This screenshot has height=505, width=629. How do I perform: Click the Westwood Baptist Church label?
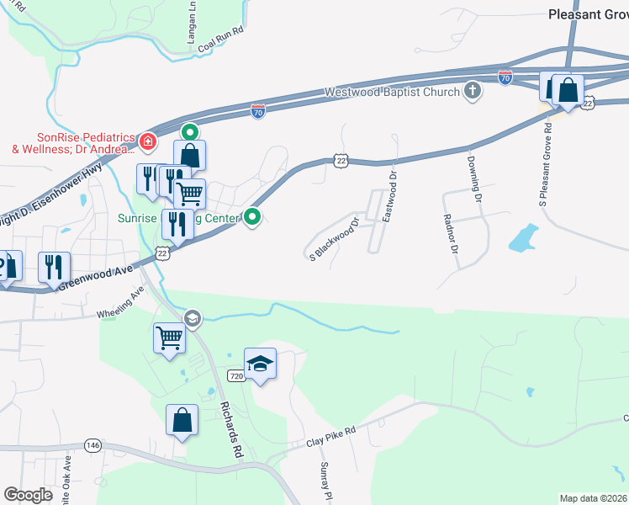(x=393, y=92)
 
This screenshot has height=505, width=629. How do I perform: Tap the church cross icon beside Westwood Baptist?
(x=473, y=91)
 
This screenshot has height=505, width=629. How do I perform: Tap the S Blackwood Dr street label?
(x=334, y=239)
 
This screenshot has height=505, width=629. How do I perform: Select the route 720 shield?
(x=237, y=377)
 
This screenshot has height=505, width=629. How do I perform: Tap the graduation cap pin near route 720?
(x=260, y=364)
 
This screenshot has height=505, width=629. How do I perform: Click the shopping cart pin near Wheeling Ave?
(x=169, y=338)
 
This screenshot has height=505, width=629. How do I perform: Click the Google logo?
(x=29, y=495)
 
